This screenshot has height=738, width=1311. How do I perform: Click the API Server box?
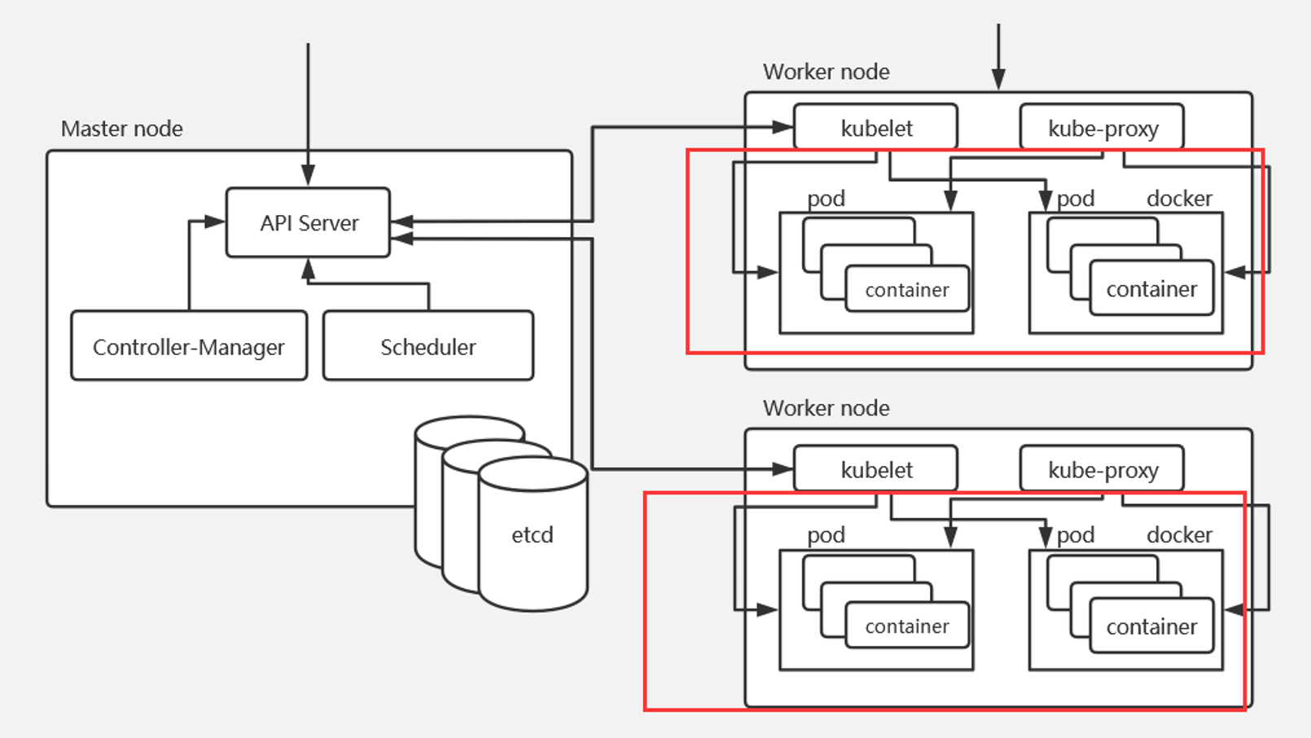308,222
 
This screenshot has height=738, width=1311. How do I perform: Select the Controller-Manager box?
189,346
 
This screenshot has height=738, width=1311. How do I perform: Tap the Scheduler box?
427,346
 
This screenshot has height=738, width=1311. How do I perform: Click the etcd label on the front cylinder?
532,534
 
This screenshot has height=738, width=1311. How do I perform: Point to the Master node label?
122,129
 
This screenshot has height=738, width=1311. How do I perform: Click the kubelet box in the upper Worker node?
875,128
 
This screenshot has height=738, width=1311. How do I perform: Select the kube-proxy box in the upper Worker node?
1102,128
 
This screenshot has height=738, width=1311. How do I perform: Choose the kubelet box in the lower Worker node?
875,469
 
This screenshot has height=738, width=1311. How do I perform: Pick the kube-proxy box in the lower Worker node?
1102,469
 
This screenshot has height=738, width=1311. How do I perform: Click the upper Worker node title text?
826,72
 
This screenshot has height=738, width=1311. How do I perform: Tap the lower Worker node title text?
826,408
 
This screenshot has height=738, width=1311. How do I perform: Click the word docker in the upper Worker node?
1179,199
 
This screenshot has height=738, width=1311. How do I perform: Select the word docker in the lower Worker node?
1179,535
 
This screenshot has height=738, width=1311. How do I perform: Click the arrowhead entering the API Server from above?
308,176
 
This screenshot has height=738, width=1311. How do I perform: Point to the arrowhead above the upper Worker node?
998,79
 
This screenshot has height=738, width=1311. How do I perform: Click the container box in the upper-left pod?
907,289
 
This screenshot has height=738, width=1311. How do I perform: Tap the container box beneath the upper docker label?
1151,288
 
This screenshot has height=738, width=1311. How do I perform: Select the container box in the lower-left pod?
907,626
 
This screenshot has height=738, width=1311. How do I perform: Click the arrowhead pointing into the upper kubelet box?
783,127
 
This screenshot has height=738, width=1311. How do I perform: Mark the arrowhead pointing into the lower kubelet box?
783,468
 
